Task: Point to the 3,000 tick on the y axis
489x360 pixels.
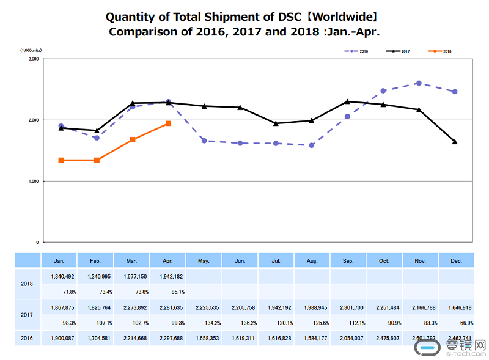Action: tap(34, 59)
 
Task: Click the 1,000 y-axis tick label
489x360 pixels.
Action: tap(34, 182)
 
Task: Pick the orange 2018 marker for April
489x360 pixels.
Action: tap(168, 123)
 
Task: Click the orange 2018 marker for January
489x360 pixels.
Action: tap(61, 160)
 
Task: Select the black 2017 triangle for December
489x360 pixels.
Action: tap(454, 142)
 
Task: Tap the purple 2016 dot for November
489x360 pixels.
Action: tap(418, 83)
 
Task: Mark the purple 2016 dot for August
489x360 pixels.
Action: tap(311, 145)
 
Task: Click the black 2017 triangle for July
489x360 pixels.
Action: tap(276, 123)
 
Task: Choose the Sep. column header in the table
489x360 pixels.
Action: tap(348, 260)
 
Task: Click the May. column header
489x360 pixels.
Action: tap(204, 260)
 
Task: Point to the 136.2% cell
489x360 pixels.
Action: tap(240, 322)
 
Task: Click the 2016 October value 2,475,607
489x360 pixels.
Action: tap(384, 337)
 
